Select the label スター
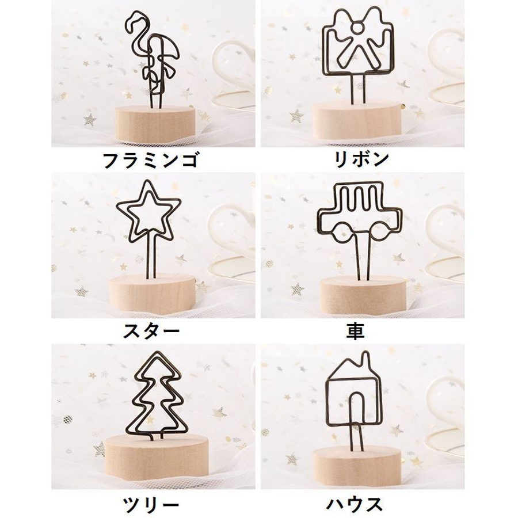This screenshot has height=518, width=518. coord(151,331)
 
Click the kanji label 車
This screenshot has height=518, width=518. coord(355,331)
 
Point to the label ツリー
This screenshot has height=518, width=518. coord(151,504)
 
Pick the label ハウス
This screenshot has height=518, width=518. coord(355,504)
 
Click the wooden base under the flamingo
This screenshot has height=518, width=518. coord(155,124)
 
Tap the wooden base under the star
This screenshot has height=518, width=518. coord(148,294)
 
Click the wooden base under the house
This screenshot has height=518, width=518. coord(357,466)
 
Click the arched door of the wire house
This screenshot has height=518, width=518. coord(357,407)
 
